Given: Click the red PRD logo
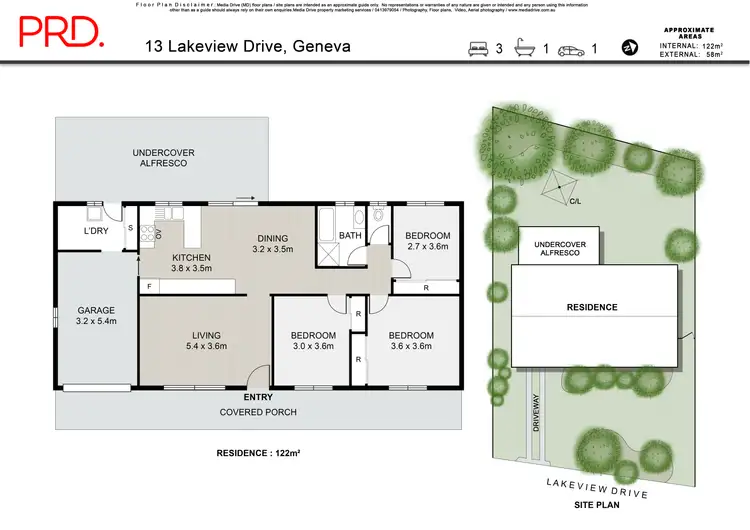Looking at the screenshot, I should point(61,33).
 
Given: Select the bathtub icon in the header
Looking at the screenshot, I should point(525,47).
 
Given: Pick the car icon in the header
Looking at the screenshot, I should point(571,47).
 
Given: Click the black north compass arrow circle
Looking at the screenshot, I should point(629,47).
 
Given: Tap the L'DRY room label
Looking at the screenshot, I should point(96,232).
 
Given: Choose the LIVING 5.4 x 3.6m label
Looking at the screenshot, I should point(206,341).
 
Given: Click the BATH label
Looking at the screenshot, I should point(350,236).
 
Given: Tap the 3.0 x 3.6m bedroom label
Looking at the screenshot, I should point(312,341).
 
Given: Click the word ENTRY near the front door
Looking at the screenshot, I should point(258,398).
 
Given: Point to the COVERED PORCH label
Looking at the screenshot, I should point(257,412).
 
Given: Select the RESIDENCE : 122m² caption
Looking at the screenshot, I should point(258,453).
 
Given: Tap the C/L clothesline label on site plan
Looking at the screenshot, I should point(575,201).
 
